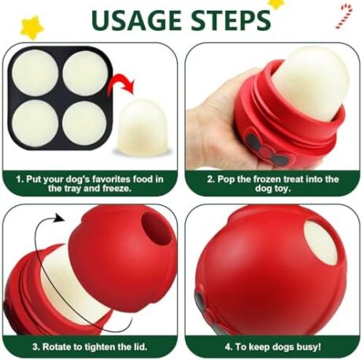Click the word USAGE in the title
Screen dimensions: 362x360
point(137,20)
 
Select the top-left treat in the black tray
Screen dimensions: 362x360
point(35,72)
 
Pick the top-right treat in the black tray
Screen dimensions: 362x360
point(86,72)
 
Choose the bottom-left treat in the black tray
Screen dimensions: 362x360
point(35,123)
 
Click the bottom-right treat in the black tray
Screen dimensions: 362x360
point(85,123)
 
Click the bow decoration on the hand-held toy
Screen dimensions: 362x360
point(266,148)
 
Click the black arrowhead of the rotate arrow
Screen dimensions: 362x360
point(59,218)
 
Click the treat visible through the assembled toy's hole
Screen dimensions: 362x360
point(321,242)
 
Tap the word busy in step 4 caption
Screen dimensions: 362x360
point(308,347)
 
